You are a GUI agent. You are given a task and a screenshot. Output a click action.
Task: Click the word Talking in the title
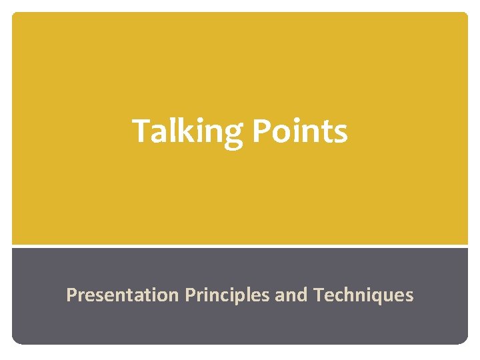pyautogui.click(x=189, y=131)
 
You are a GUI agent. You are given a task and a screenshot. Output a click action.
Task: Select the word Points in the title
pyautogui.click(x=300, y=131)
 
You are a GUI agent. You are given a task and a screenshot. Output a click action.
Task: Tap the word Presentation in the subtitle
pyautogui.click(x=122, y=295)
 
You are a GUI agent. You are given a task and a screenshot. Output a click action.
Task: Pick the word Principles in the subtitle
pyautogui.click(x=227, y=295)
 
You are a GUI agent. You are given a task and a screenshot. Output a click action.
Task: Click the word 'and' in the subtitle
pyautogui.click(x=291, y=295)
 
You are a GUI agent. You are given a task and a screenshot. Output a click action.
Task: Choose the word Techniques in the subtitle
pyautogui.click(x=363, y=295)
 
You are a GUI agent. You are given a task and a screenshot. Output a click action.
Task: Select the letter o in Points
pyautogui.click(x=282, y=133)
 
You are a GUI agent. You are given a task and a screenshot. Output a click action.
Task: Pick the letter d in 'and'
pyautogui.click(x=301, y=294)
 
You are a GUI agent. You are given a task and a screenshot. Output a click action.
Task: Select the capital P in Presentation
pyautogui.click(x=71, y=294)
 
